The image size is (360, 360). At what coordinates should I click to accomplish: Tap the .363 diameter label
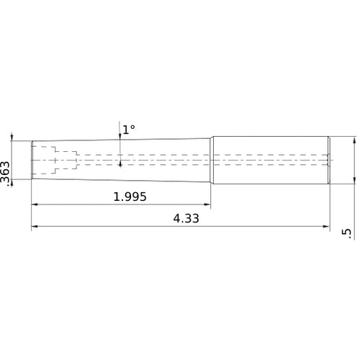click(6, 175)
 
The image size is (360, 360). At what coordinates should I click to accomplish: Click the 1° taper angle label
click(128, 130)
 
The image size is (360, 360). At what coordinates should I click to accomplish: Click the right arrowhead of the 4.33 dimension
click(325, 228)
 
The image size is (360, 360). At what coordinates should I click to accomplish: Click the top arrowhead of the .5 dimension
click(354, 140)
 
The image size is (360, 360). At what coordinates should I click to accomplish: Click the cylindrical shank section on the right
click(270, 160)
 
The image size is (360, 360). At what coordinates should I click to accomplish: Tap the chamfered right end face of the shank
click(328, 160)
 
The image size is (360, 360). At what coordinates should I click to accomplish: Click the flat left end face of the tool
click(32, 160)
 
